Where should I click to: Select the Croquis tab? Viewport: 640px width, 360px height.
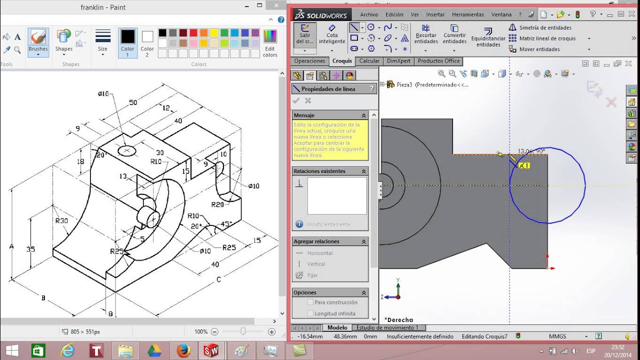point(342,61)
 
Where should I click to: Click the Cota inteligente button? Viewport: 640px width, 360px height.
point(332,35)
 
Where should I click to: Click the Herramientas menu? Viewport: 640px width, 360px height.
point(467,14)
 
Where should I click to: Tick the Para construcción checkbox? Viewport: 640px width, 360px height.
point(310,302)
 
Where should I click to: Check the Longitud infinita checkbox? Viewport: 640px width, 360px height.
point(310,313)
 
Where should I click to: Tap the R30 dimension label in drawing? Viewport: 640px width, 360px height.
point(61,220)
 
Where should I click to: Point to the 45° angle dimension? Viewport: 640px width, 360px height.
point(226,224)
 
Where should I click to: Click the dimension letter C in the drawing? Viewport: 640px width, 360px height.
point(218,279)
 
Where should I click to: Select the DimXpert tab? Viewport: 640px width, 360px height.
point(398,61)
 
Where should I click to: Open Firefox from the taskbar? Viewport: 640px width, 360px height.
point(183,350)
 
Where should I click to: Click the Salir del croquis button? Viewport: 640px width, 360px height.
point(304,35)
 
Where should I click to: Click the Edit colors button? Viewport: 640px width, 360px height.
point(270,42)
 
